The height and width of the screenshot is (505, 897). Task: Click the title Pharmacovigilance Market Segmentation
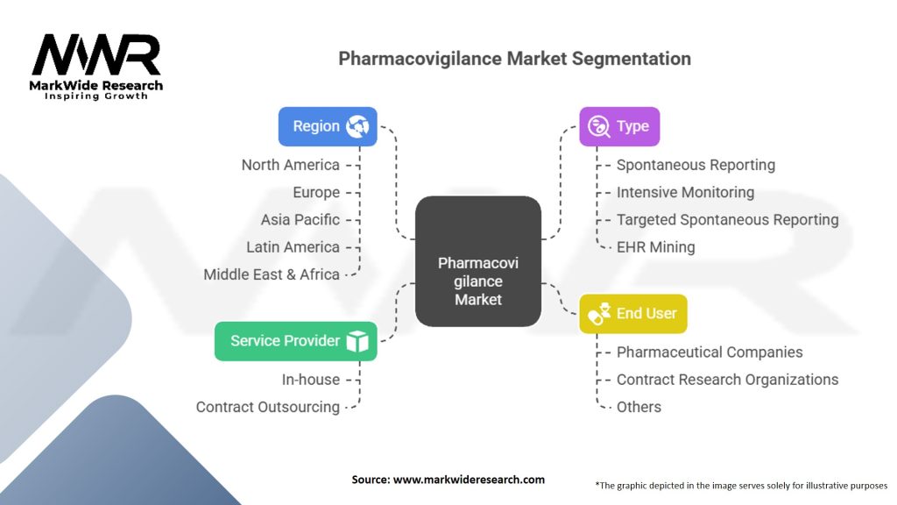[x=514, y=59]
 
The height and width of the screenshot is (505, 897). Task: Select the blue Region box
[x=328, y=126]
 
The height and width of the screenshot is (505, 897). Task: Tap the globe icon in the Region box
[x=357, y=127]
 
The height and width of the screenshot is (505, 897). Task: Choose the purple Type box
[x=619, y=126]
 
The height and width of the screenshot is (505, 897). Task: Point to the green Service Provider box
[x=295, y=341]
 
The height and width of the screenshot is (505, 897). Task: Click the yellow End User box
[x=633, y=313]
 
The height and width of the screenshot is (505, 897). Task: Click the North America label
[x=290, y=165]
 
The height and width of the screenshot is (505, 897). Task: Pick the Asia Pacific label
[x=300, y=219]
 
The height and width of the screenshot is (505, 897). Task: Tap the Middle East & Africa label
[x=272, y=274]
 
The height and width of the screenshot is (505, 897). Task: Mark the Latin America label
[x=293, y=247]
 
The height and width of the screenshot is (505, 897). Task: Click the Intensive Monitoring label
[x=685, y=192]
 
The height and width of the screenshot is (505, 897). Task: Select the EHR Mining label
[x=655, y=247]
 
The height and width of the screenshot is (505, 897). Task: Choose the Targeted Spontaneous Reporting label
[x=727, y=220]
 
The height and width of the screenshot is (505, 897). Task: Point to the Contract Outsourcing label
[x=267, y=407]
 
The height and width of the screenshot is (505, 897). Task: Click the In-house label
[x=310, y=380]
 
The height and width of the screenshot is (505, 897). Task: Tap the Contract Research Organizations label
[x=727, y=380]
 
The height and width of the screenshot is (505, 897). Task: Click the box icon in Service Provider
[x=357, y=342]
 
